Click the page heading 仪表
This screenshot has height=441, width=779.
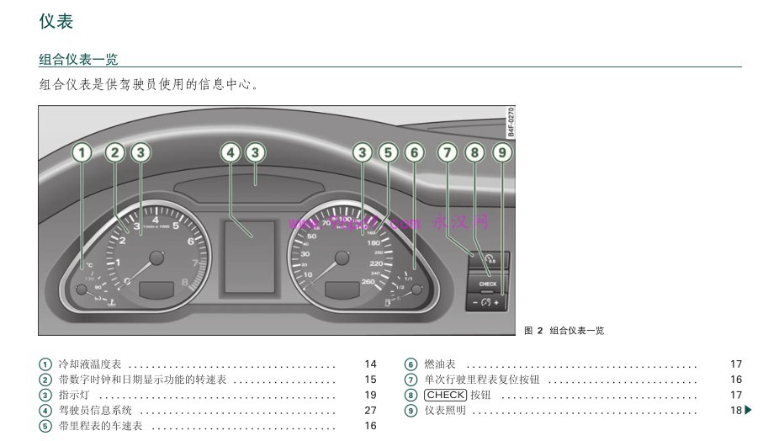click(x=56, y=22)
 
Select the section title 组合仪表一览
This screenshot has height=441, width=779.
click(x=78, y=59)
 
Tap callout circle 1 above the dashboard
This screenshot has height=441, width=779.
click(x=82, y=152)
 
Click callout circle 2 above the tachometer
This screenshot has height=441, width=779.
click(x=115, y=152)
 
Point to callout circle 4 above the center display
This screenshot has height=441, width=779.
click(x=230, y=152)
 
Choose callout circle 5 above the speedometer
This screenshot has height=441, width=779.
click(x=387, y=152)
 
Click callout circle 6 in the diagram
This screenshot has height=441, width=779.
click(x=413, y=152)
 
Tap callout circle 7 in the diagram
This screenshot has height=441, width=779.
click(x=448, y=152)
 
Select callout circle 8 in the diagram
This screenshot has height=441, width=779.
click(x=474, y=152)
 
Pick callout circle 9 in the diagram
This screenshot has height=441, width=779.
click(x=501, y=152)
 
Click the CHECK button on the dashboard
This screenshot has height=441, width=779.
click(x=488, y=284)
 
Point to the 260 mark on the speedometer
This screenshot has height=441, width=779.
click(x=368, y=282)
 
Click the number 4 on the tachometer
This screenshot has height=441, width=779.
click(x=156, y=220)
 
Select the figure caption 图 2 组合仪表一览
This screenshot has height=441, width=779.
click(x=564, y=331)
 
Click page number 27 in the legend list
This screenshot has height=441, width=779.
click(x=370, y=410)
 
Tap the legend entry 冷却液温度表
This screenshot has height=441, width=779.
click(x=89, y=364)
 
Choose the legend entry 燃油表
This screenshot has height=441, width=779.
click(x=440, y=364)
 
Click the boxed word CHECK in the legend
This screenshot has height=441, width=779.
click(x=445, y=395)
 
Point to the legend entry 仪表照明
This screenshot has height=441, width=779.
click(x=445, y=410)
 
